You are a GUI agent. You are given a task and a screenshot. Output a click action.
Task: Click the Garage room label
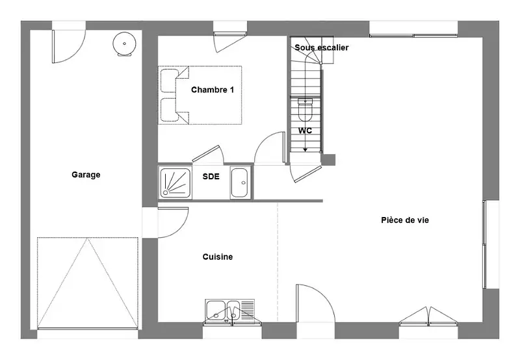coord(86,175)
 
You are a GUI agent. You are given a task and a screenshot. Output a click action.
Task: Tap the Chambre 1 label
coord(213,90)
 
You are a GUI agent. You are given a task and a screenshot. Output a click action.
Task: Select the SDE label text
coord(211,176)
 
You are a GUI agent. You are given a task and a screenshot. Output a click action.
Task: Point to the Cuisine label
coord(218,257)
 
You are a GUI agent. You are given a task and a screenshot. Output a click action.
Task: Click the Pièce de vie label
coord(405,220)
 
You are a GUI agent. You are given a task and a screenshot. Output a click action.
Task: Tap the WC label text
coord(305,131)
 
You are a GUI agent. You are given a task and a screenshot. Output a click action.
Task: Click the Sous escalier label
coord(321,47)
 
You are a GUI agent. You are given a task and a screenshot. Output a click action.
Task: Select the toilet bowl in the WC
coord(305,110)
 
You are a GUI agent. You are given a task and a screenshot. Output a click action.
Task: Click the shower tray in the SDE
coord(175,183)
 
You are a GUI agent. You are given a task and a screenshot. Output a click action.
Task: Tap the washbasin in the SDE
coord(240,183)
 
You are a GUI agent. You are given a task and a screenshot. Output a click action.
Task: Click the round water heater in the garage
coord(124,44)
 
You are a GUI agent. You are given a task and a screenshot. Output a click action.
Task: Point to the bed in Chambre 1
coord(200,95)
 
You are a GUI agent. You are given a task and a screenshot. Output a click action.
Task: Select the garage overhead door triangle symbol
coord(88,283)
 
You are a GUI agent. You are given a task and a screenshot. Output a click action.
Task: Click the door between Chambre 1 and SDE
coord(208,155)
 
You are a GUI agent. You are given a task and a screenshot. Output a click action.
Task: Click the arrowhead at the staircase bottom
coord(305,150)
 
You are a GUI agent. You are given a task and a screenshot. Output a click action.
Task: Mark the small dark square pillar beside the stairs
coord(328,160)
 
